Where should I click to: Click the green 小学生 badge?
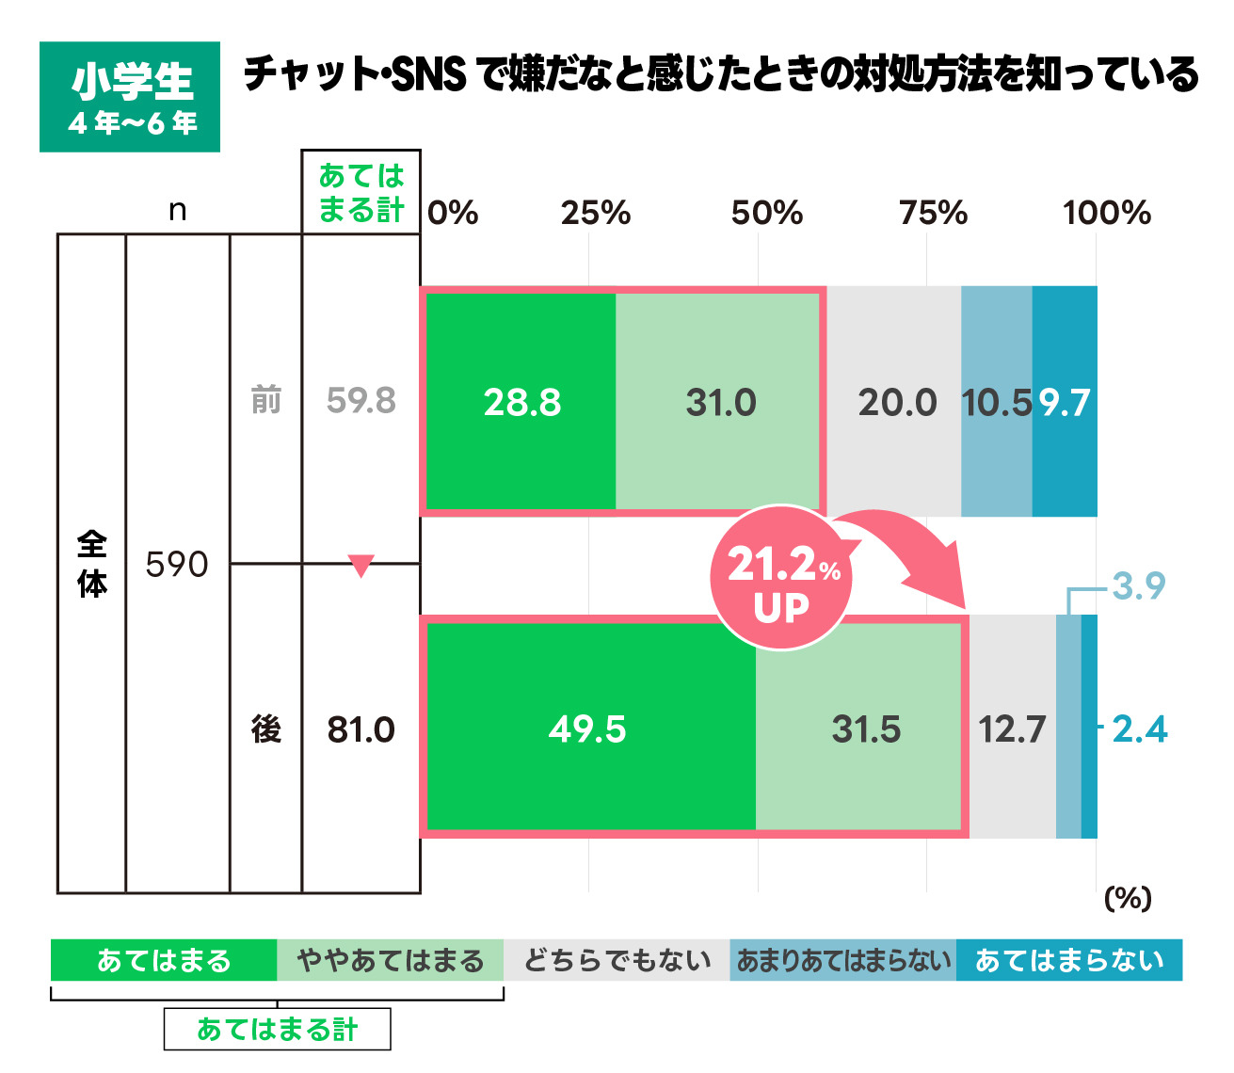tap(130, 97)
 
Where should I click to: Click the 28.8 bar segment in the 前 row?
tap(522, 403)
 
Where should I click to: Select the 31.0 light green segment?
tap(720, 403)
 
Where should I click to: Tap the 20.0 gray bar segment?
tap(896, 403)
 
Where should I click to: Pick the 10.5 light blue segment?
tap(997, 403)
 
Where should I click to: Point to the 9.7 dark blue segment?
tap(1065, 403)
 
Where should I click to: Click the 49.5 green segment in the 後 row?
tap(588, 729)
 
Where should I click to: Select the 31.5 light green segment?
tap(866, 729)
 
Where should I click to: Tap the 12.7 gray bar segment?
tap(1012, 729)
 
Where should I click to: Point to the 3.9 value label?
tap(1138, 586)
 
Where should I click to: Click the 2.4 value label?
tap(1139, 729)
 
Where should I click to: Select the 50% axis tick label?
tap(766, 214)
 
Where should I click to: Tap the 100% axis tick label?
tap(1106, 214)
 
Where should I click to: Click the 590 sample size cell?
tap(177, 565)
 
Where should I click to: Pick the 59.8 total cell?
tap(361, 401)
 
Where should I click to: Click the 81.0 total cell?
tap(361, 729)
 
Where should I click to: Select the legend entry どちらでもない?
tap(617, 960)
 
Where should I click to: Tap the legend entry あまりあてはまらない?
tap(843, 960)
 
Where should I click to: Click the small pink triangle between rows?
tap(361, 566)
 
